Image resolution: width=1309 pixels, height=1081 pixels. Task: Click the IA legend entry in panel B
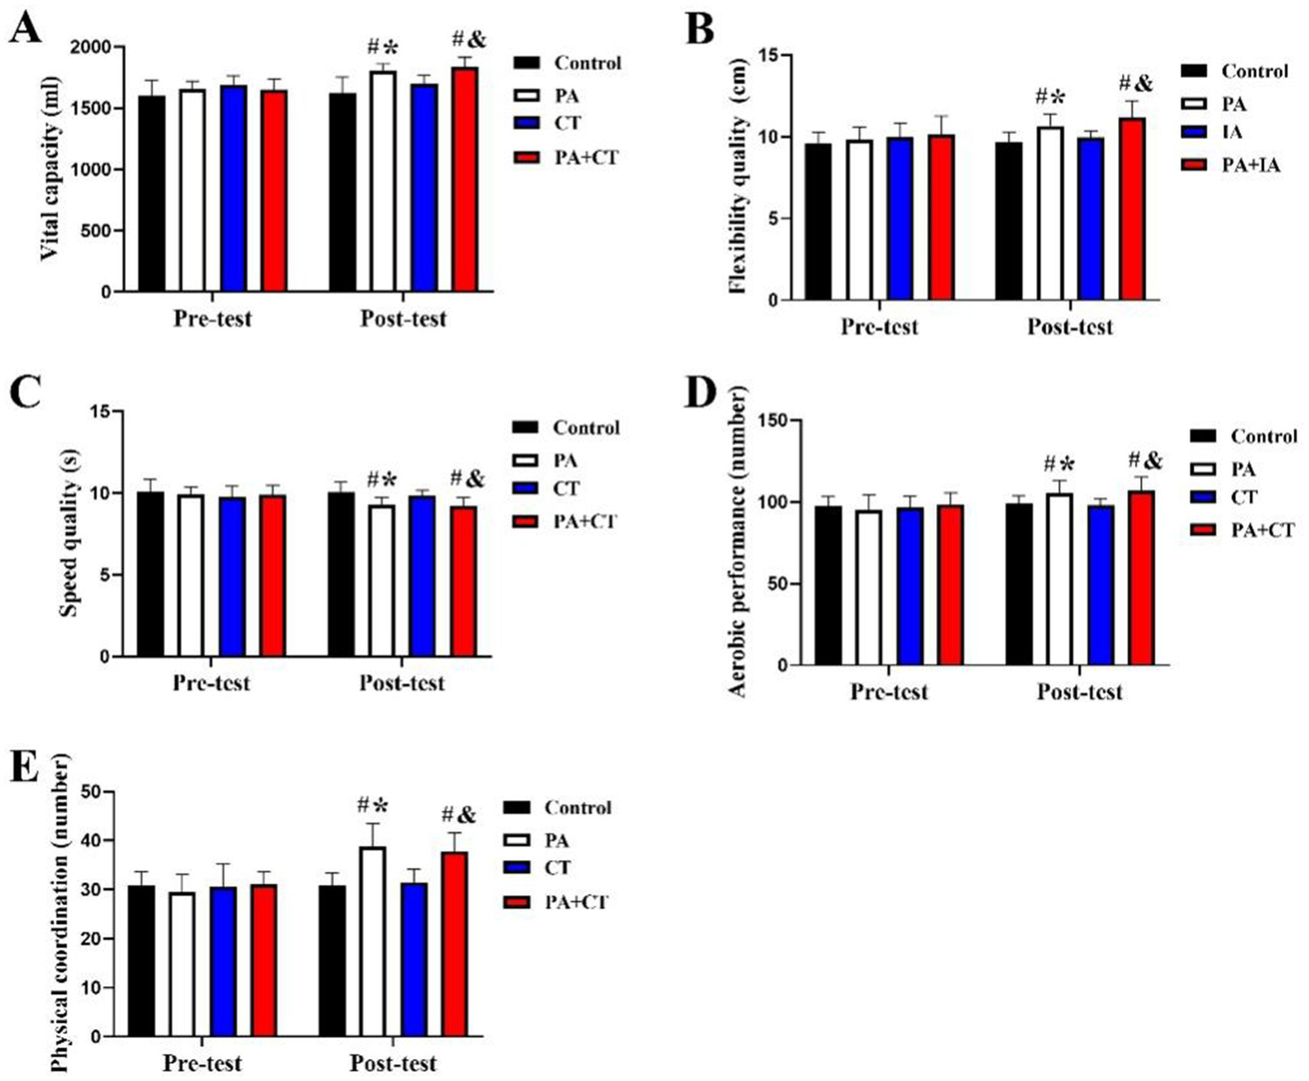pyautogui.click(x=1232, y=132)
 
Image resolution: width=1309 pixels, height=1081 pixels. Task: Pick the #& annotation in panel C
pyautogui.click(x=466, y=479)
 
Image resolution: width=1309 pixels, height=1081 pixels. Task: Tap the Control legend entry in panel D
pyautogui.click(x=1263, y=437)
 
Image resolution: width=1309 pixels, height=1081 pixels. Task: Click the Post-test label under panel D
pyautogui.click(x=1079, y=692)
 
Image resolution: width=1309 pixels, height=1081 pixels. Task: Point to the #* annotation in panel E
pyautogui.click(x=372, y=805)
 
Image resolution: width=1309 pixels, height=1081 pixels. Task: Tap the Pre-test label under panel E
pyautogui.click(x=202, y=1064)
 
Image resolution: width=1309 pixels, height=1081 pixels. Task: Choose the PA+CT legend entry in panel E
pyautogui.click(x=576, y=902)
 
